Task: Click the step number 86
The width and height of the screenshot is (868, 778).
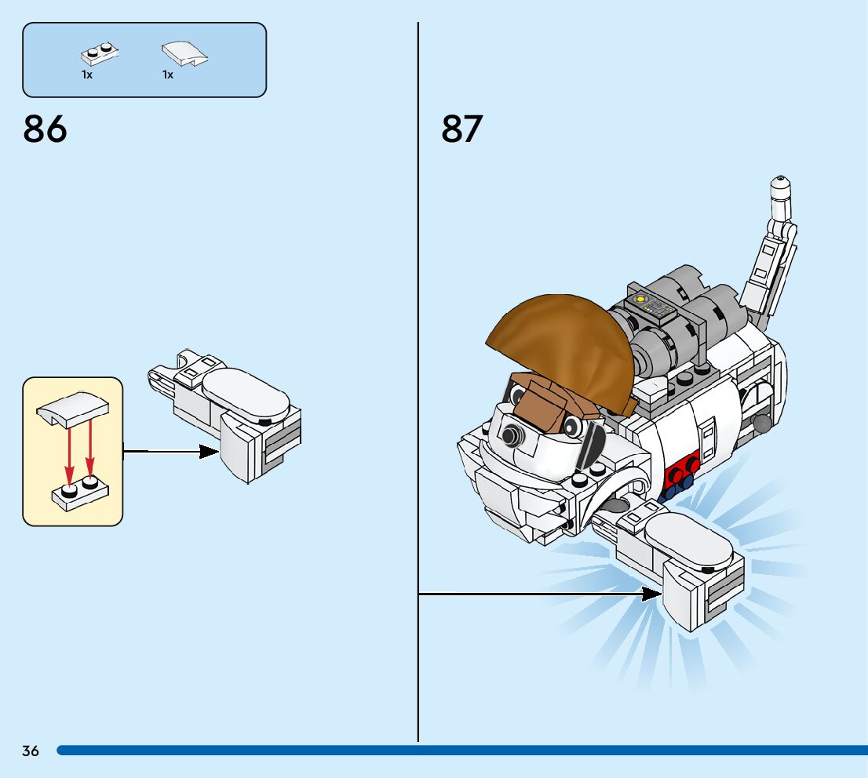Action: pyautogui.click(x=46, y=129)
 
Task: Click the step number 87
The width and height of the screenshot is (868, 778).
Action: pyautogui.click(x=461, y=129)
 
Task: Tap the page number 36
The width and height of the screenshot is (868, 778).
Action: pyautogui.click(x=31, y=751)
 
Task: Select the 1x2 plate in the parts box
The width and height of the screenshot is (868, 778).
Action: pyautogui.click(x=99, y=55)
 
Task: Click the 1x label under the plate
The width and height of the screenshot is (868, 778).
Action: pyautogui.click(x=87, y=75)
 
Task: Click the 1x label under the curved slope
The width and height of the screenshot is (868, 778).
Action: pyautogui.click(x=168, y=75)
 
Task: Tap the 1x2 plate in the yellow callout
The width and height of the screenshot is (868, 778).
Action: pyautogui.click(x=80, y=491)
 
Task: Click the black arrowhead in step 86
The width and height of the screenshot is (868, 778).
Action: pyautogui.click(x=209, y=451)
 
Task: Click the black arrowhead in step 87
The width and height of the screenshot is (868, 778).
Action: pyautogui.click(x=651, y=594)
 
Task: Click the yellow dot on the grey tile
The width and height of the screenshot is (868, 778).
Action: pyautogui.click(x=640, y=299)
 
